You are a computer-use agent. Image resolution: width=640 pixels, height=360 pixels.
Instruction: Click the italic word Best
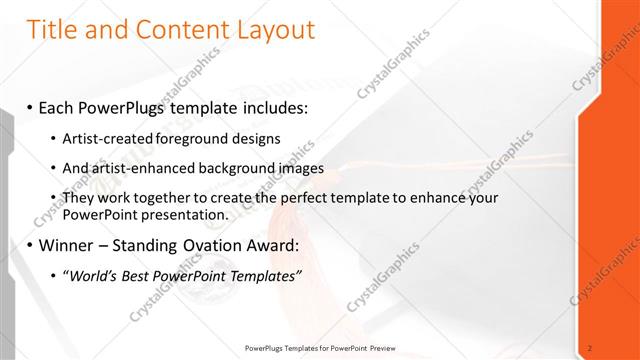click(x=135, y=276)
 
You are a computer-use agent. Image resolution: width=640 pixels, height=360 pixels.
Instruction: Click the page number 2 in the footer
click(x=590, y=348)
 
